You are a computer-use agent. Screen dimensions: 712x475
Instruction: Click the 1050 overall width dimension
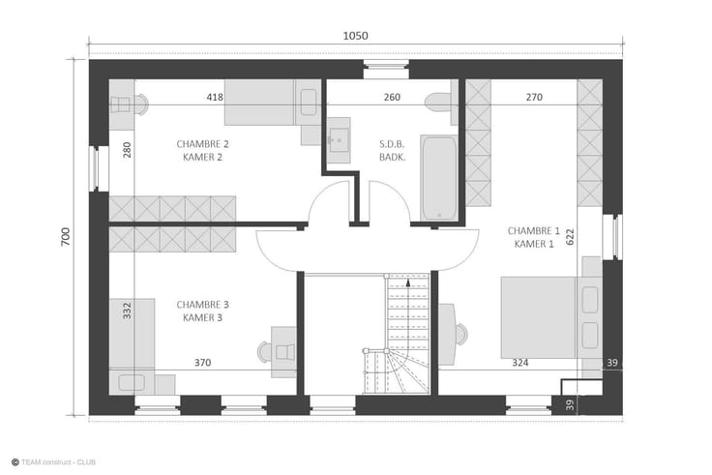(355, 36)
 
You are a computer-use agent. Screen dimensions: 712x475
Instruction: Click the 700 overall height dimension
(66, 237)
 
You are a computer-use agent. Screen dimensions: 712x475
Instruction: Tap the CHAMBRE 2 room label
(202, 144)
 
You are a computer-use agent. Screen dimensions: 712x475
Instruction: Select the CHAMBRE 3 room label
(202, 305)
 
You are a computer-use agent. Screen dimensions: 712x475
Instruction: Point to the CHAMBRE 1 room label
(534, 230)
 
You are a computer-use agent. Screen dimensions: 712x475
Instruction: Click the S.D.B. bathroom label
(392, 144)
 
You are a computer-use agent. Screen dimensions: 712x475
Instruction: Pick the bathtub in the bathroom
(438, 178)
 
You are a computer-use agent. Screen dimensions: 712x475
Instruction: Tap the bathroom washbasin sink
(339, 140)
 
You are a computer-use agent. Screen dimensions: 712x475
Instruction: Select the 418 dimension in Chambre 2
(215, 97)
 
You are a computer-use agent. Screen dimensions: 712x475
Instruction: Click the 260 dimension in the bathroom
(392, 97)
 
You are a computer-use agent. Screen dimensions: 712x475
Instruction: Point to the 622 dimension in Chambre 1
(570, 237)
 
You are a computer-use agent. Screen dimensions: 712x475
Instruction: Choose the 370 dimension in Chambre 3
(202, 363)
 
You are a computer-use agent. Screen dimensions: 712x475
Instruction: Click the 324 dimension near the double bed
(519, 363)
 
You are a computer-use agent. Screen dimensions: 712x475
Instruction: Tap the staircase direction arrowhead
(408, 282)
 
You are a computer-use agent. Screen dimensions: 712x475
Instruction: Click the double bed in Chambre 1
(551, 317)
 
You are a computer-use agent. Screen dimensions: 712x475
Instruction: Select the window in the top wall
(386, 69)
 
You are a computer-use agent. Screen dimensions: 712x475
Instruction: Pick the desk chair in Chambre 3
(265, 351)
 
